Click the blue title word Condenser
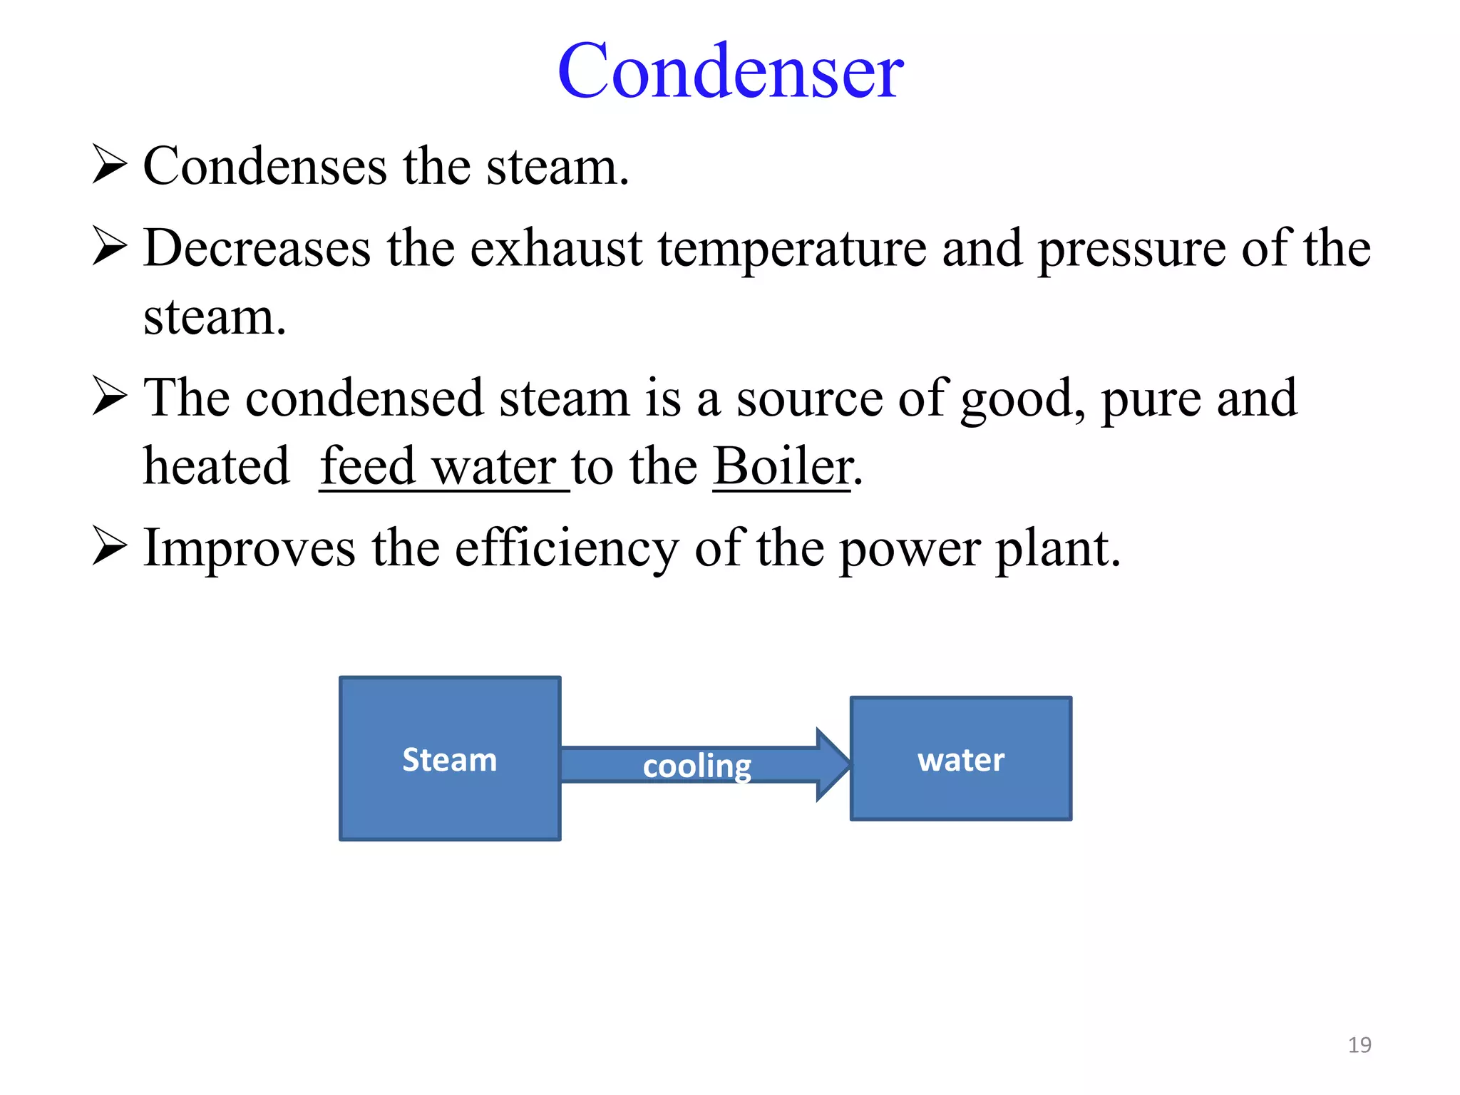tap(730, 71)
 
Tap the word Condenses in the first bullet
tap(265, 167)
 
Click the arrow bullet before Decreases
tap(109, 247)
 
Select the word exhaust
tap(556, 249)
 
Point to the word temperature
tap(792, 250)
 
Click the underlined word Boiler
tap(782, 467)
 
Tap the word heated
tap(216, 467)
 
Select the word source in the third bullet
tap(809, 399)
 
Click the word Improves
tap(249, 549)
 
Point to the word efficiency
tap(567, 549)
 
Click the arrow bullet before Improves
tap(109, 548)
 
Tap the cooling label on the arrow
tap(696, 766)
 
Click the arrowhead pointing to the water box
tap(833, 765)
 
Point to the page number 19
tap(1359, 1045)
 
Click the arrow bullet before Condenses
tap(109, 165)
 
